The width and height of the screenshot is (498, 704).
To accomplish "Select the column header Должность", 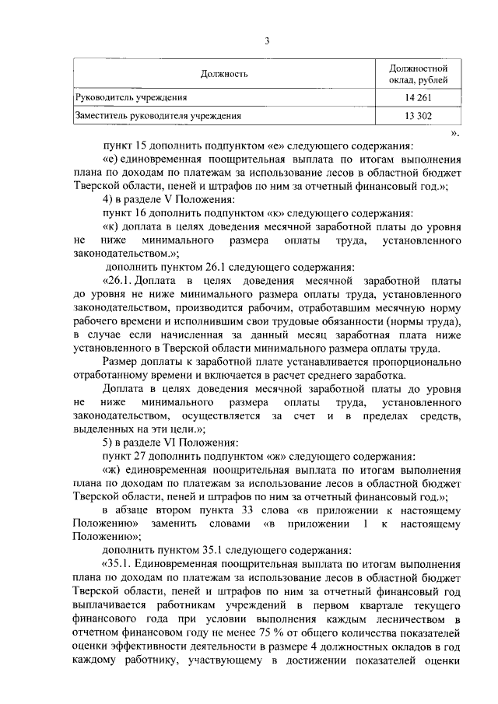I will point(224,75).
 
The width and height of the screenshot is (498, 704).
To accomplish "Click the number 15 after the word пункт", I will point(141,145).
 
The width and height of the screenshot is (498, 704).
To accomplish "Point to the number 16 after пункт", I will point(141,212).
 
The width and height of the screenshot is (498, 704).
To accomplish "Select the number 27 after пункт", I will point(141,454).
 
